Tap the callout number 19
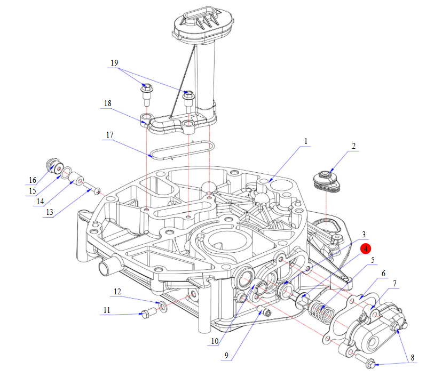pyautogui.click(x=114, y=63)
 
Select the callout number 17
pyautogui.click(x=109, y=135)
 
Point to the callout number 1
pyautogui.click(x=306, y=141)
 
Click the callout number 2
pyautogui.click(x=353, y=146)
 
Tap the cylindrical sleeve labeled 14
pyautogui.click(x=77, y=179)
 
